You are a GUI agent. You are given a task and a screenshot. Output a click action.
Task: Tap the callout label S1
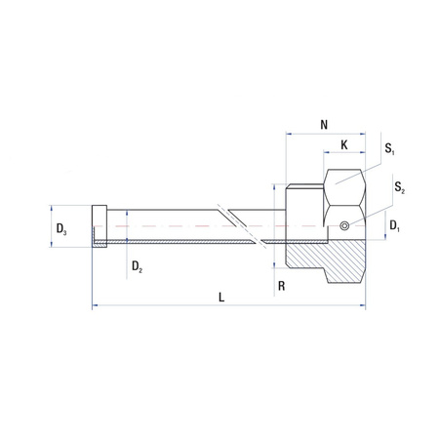tap(389, 150)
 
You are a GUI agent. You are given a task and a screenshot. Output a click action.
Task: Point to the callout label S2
tap(400, 186)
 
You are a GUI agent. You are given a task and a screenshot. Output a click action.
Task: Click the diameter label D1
tap(394, 226)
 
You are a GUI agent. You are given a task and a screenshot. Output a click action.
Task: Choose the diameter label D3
tap(61, 229)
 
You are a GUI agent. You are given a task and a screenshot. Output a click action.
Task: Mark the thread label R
tap(280, 287)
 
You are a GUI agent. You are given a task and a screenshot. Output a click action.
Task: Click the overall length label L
tap(222, 298)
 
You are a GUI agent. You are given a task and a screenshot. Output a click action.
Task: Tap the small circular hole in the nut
tap(343, 227)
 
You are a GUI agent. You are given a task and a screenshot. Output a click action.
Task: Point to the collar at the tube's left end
tap(99, 226)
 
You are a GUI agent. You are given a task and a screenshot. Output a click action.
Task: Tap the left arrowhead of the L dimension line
tap(95, 308)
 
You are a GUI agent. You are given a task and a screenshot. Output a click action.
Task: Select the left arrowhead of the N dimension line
tap(287, 134)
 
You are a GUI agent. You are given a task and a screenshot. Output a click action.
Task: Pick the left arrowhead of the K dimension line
tap(327, 155)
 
